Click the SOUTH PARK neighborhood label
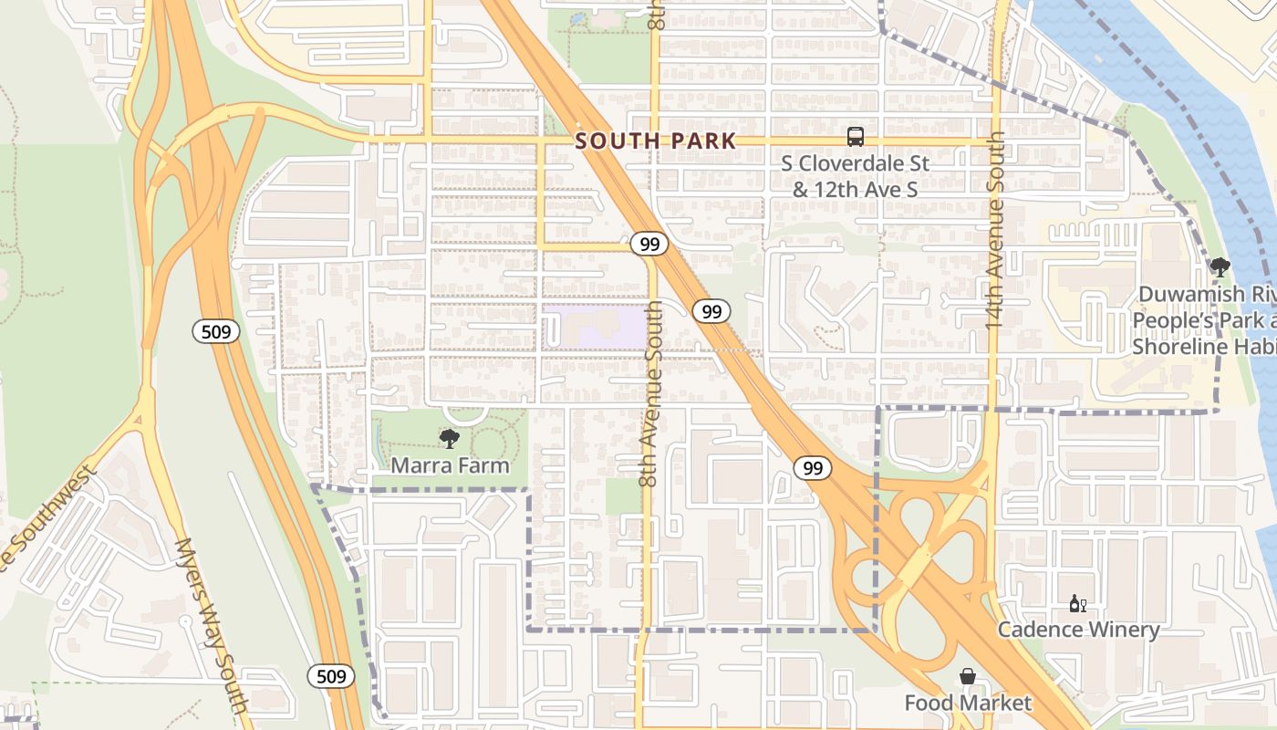click(x=655, y=141)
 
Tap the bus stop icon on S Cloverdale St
click(x=856, y=137)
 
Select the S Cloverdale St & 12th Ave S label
click(x=856, y=176)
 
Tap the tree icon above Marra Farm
click(x=449, y=439)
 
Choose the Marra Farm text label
click(x=450, y=465)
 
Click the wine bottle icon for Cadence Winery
click(x=1077, y=604)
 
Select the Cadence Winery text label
click(x=1078, y=630)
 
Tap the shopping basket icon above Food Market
click(x=968, y=677)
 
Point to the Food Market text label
click(x=968, y=703)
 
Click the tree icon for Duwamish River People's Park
click(x=1220, y=267)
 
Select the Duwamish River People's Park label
click(x=1204, y=320)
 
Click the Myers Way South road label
click(x=211, y=625)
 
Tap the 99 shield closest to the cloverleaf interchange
click(x=812, y=468)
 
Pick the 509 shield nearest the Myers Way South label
click(x=331, y=676)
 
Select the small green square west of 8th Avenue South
click(x=623, y=495)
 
